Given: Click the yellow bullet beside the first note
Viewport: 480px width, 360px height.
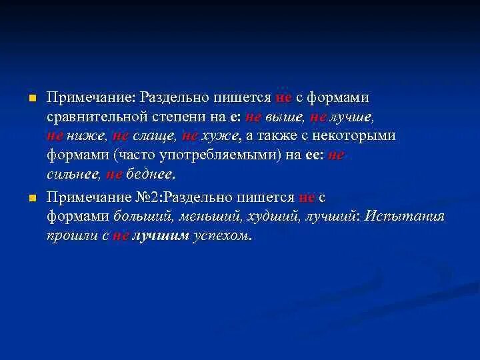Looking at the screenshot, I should pos(31,98).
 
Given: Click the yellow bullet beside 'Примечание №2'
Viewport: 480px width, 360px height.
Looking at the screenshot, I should pos(31,198).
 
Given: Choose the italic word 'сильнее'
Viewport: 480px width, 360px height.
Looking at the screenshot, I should pos(73,175).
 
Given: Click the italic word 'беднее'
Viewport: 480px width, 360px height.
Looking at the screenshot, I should pos(149,175).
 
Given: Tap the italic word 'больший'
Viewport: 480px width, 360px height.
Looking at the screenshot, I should pos(141,217).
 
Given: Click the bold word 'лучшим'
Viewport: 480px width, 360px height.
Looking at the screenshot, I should pos(161,237).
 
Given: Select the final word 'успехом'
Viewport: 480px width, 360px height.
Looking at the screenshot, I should pos(221,237).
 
